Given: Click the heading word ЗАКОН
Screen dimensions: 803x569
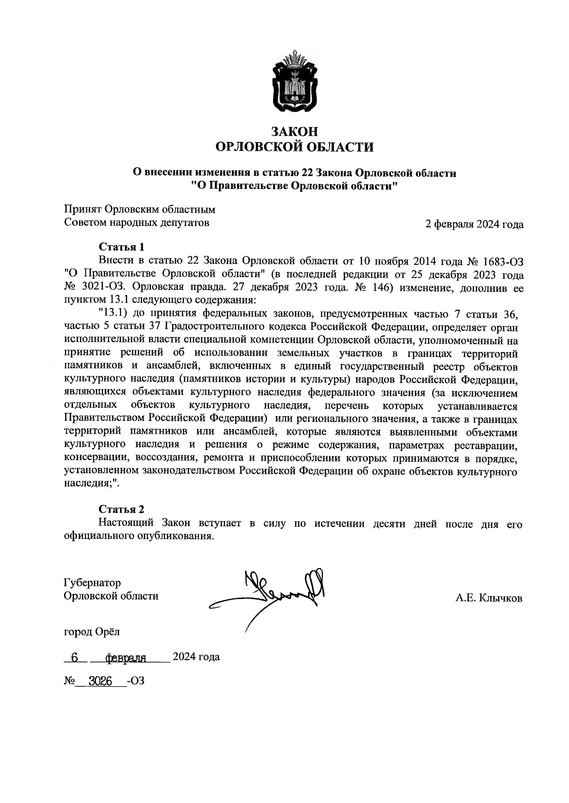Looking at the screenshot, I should [x=294, y=131].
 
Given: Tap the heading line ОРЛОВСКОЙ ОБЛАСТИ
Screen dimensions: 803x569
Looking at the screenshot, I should [x=294, y=147].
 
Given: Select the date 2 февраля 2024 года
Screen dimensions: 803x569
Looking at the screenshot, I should [x=474, y=224].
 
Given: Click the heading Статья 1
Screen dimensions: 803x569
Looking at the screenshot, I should [x=121, y=247].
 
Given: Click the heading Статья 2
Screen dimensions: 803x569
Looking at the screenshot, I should [x=121, y=509].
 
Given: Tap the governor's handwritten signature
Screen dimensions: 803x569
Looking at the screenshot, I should [x=275, y=593].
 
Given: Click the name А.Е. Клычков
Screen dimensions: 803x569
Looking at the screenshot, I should [x=489, y=598].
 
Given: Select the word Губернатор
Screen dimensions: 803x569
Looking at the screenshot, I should [x=92, y=582].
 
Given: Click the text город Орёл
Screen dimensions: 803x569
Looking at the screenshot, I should [x=92, y=632].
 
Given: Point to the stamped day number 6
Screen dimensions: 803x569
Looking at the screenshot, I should [x=74, y=657].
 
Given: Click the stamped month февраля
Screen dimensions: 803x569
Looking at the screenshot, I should [x=126, y=658].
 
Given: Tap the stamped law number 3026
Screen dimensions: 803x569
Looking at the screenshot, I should [x=103, y=682].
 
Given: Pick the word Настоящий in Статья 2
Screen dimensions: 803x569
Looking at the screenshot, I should [x=128, y=523].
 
